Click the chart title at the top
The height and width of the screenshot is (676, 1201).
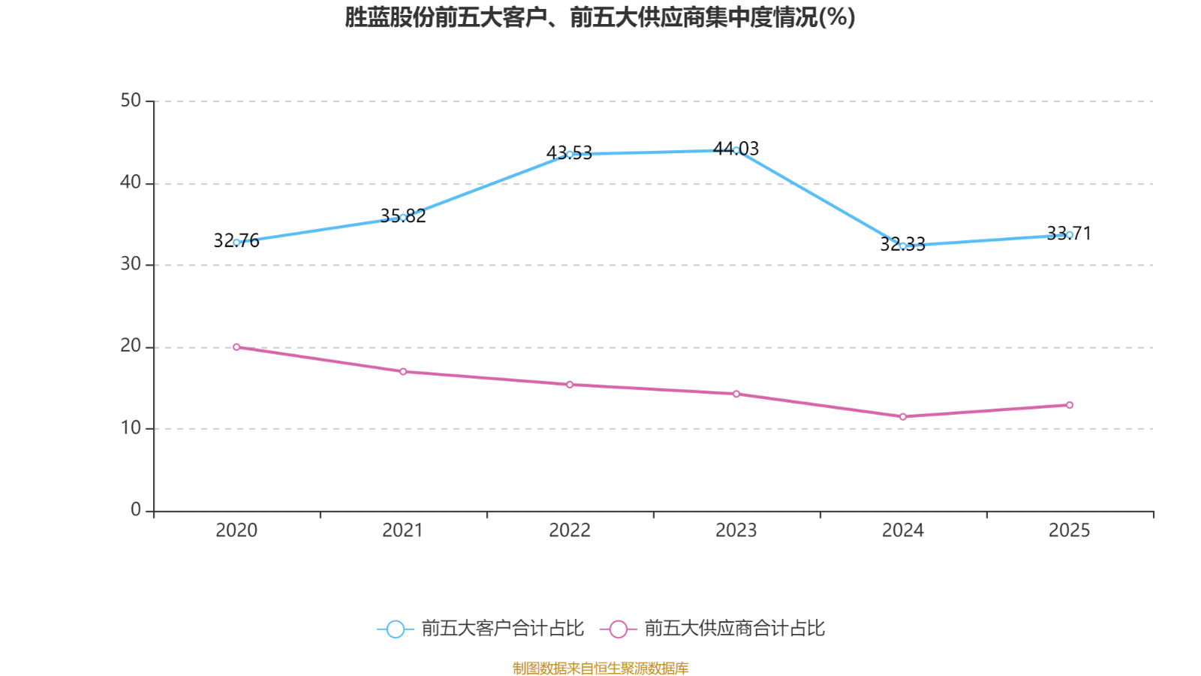click(x=600, y=18)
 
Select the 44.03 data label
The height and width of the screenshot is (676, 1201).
click(x=736, y=149)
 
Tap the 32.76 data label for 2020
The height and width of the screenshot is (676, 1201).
click(x=236, y=240)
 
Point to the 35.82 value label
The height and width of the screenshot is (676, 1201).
click(x=403, y=216)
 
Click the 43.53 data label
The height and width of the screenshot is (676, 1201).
click(x=570, y=153)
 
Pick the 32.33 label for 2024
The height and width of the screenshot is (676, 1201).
click(x=903, y=245)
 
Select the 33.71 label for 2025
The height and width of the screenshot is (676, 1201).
click(x=1069, y=234)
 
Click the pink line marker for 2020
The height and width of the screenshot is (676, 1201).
click(x=236, y=347)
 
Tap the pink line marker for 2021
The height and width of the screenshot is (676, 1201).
click(x=403, y=372)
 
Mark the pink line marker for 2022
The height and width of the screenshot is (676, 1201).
click(x=570, y=385)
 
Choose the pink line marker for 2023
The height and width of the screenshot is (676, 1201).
click(x=736, y=394)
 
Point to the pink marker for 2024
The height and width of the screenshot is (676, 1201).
click(x=903, y=417)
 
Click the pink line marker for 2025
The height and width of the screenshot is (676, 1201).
click(x=1070, y=405)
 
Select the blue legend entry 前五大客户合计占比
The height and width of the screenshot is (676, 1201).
click(x=480, y=628)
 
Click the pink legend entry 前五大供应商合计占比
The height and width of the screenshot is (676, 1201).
click(x=712, y=628)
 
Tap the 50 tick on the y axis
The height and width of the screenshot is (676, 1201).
click(x=131, y=101)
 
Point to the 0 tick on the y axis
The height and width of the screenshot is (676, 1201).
click(x=136, y=510)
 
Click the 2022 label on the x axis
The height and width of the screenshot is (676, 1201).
click(x=570, y=530)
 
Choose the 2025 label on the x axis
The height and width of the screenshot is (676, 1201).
click(x=1069, y=530)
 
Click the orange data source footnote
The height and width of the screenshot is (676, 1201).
click(x=600, y=668)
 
